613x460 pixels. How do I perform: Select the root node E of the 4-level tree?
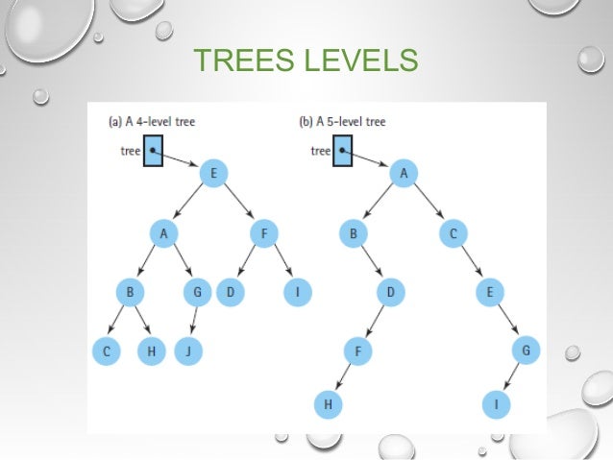212,174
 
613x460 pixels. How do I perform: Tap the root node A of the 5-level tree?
404,174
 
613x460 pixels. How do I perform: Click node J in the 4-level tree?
190,351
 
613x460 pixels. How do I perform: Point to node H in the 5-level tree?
329,405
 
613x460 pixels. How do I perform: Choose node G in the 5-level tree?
525,351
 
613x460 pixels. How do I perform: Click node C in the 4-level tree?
108,351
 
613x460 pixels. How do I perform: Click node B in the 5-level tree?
354,232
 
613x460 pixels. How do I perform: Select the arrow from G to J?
194,322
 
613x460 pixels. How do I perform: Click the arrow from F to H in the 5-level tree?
341,378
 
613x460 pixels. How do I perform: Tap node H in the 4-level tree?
151,351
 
